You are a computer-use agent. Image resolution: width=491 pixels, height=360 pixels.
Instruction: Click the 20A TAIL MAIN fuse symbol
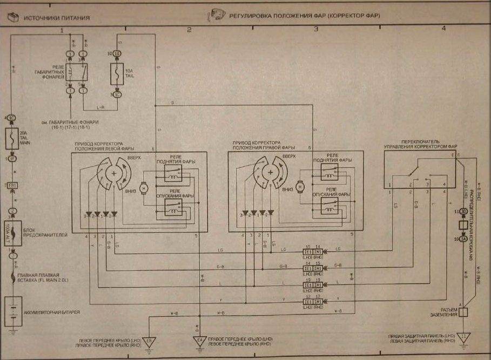point(12,139)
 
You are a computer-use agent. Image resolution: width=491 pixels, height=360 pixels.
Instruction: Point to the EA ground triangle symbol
point(199,341)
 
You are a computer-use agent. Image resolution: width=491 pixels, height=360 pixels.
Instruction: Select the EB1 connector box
point(12,186)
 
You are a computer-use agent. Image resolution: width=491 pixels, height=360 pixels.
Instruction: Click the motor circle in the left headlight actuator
point(144,187)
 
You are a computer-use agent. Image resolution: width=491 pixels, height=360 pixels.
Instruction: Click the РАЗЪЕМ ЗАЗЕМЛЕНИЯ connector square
point(463,312)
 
